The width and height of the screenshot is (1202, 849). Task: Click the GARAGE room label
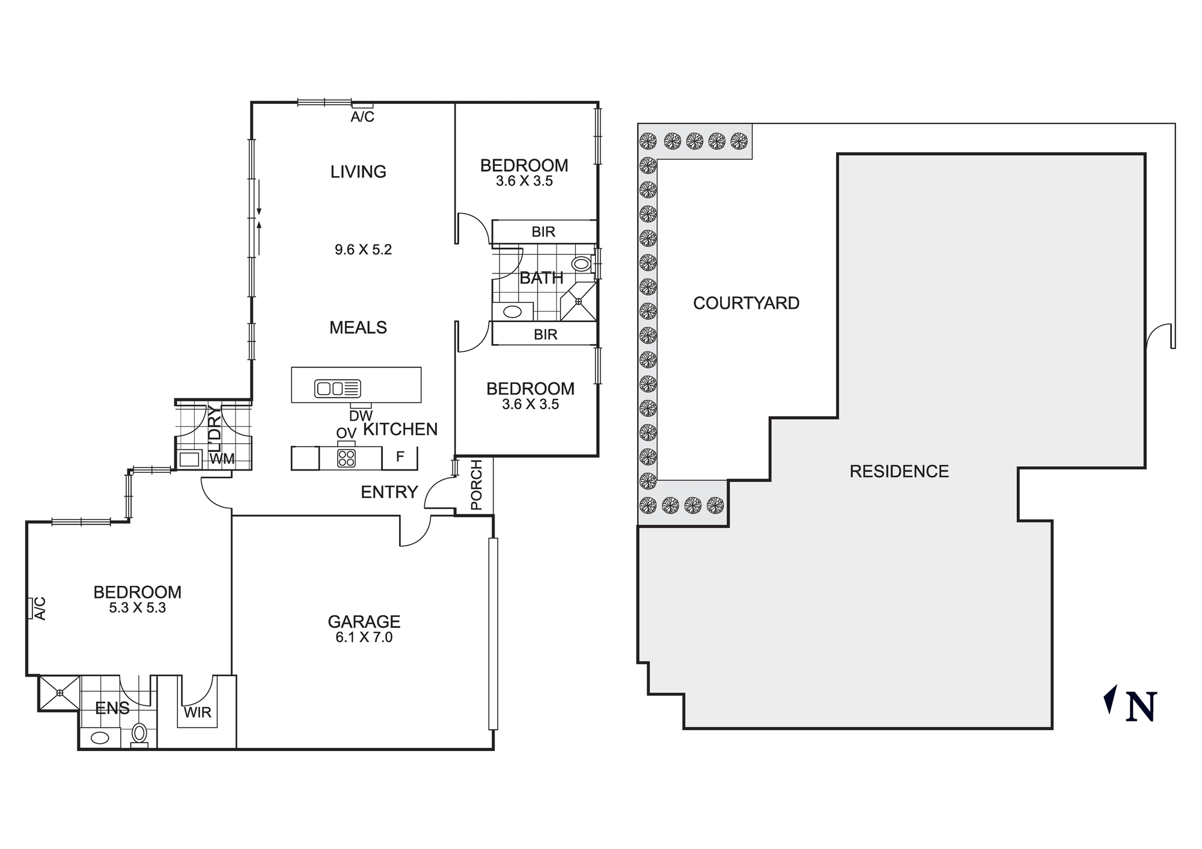[x=364, y=621]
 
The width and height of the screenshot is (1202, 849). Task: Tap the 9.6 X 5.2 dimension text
[x=363, y=249]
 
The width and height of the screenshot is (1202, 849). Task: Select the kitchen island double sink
[x=337, y=389]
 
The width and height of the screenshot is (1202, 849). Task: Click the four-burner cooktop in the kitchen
[x=346, y=458]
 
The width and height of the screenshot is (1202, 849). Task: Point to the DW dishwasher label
[x=361, y=415]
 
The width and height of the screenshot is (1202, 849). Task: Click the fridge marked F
[x=400, y=457]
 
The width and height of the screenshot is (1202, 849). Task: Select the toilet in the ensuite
[x=139, y=733]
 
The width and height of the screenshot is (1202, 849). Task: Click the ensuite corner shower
[x=59, y=693]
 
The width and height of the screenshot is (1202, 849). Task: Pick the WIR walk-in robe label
[x=197, y=713]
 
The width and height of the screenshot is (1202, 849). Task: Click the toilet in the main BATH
[x=581, y=263]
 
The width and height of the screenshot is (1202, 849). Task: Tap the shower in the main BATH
[x=578, y=301]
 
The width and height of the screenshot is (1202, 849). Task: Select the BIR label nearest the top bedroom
[x=543, y=232]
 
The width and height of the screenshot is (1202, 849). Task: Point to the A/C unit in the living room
[x=362, y=106]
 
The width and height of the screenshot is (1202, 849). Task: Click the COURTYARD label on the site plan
[x=746, y=303]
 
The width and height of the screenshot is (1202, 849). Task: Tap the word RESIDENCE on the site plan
[x=898, y=471]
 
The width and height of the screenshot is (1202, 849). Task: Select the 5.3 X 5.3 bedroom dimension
[x=137, y=607]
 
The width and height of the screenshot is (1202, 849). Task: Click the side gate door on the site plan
[x=1159, y=336]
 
